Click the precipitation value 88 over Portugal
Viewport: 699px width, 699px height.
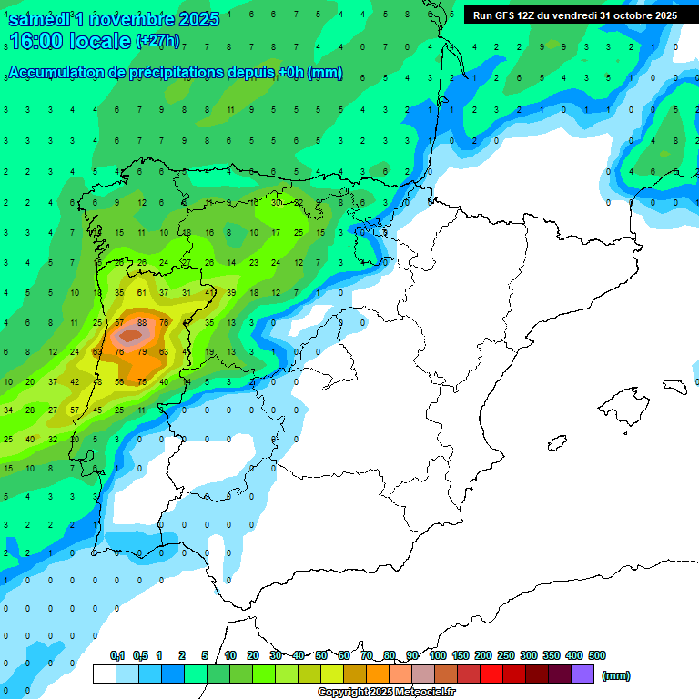pos(142,322)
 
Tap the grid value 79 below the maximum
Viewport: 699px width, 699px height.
pos(142,351)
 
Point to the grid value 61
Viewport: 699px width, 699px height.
pos(142,292)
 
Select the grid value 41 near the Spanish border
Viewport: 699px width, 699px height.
pos(209,292)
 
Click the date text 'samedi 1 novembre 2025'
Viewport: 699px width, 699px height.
pos(113,19)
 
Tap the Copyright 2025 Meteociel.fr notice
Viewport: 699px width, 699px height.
pos(386,693)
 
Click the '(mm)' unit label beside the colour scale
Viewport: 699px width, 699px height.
pos(616,675)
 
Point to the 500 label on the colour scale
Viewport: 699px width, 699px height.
pos(597,655)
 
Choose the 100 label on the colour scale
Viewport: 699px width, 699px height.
pos(438,655)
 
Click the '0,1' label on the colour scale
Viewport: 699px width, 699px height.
pos(117,655)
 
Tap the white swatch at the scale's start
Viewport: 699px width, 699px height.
pos(105,674)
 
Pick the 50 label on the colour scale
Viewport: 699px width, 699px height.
pos(321,655)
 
